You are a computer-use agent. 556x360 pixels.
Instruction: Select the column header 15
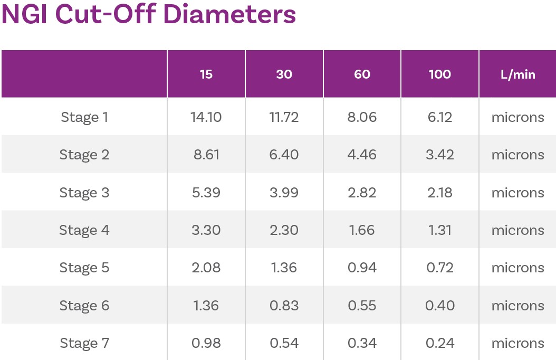click(206, 74)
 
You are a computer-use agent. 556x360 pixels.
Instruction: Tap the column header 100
click(440, 74)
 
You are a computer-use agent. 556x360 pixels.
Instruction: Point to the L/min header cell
click(517, 74)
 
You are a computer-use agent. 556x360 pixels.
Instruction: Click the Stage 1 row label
click(84, 117)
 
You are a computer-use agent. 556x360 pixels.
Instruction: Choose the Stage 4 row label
click(84, 230)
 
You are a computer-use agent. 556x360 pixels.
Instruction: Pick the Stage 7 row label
click(84, 343)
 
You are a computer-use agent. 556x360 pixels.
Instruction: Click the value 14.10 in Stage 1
click(206, 117)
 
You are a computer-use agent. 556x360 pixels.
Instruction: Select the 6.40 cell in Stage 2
click(284, 155)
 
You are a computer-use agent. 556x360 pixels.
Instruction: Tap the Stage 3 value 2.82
click(362, 193)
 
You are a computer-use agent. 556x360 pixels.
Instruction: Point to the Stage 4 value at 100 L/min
click(440, 230)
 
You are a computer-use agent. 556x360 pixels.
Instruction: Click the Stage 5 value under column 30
click(284, 268)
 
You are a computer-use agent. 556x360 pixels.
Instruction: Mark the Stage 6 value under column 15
click(206, 306)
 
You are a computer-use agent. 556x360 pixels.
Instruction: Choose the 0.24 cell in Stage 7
click(440, 343)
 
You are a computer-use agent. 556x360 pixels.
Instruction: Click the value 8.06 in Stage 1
click(362, 117)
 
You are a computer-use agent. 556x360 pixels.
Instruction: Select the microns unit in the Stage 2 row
click(517, 155)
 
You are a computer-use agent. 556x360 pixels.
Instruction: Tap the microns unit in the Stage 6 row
click(517, 306)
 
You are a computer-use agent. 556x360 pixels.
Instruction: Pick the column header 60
click(362, 74)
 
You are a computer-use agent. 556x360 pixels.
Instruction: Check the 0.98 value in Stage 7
click(206, 343)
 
